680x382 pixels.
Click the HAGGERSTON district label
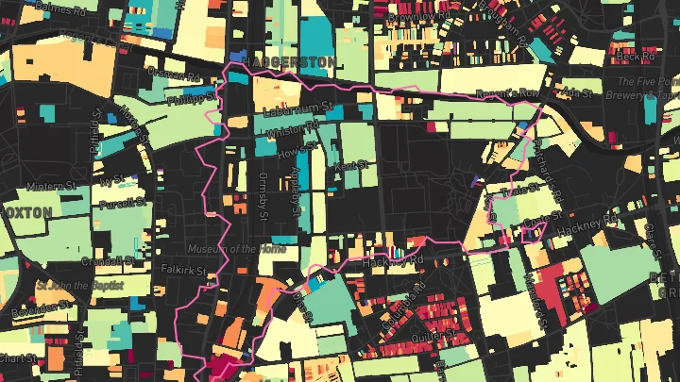click(x=289, y=62)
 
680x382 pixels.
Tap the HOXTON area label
click(x=25, y=213)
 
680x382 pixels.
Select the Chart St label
click(x=17, y=358)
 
